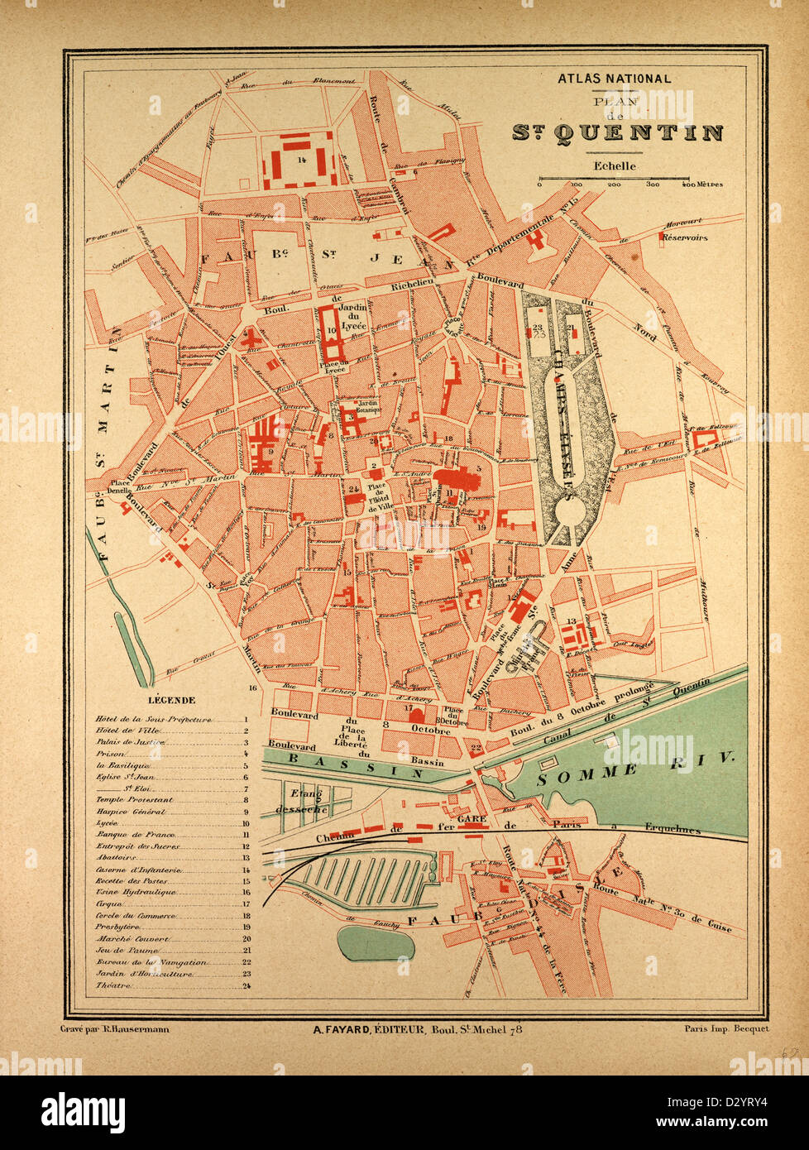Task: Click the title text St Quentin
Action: pyautogui.click(x=617, y=133)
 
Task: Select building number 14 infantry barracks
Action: pyautogui.click(x=299, y=159)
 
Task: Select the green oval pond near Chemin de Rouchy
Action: pyautogui.click(x=376, y=942)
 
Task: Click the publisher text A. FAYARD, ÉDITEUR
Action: pyautogui.click(x=368, y=1029)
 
